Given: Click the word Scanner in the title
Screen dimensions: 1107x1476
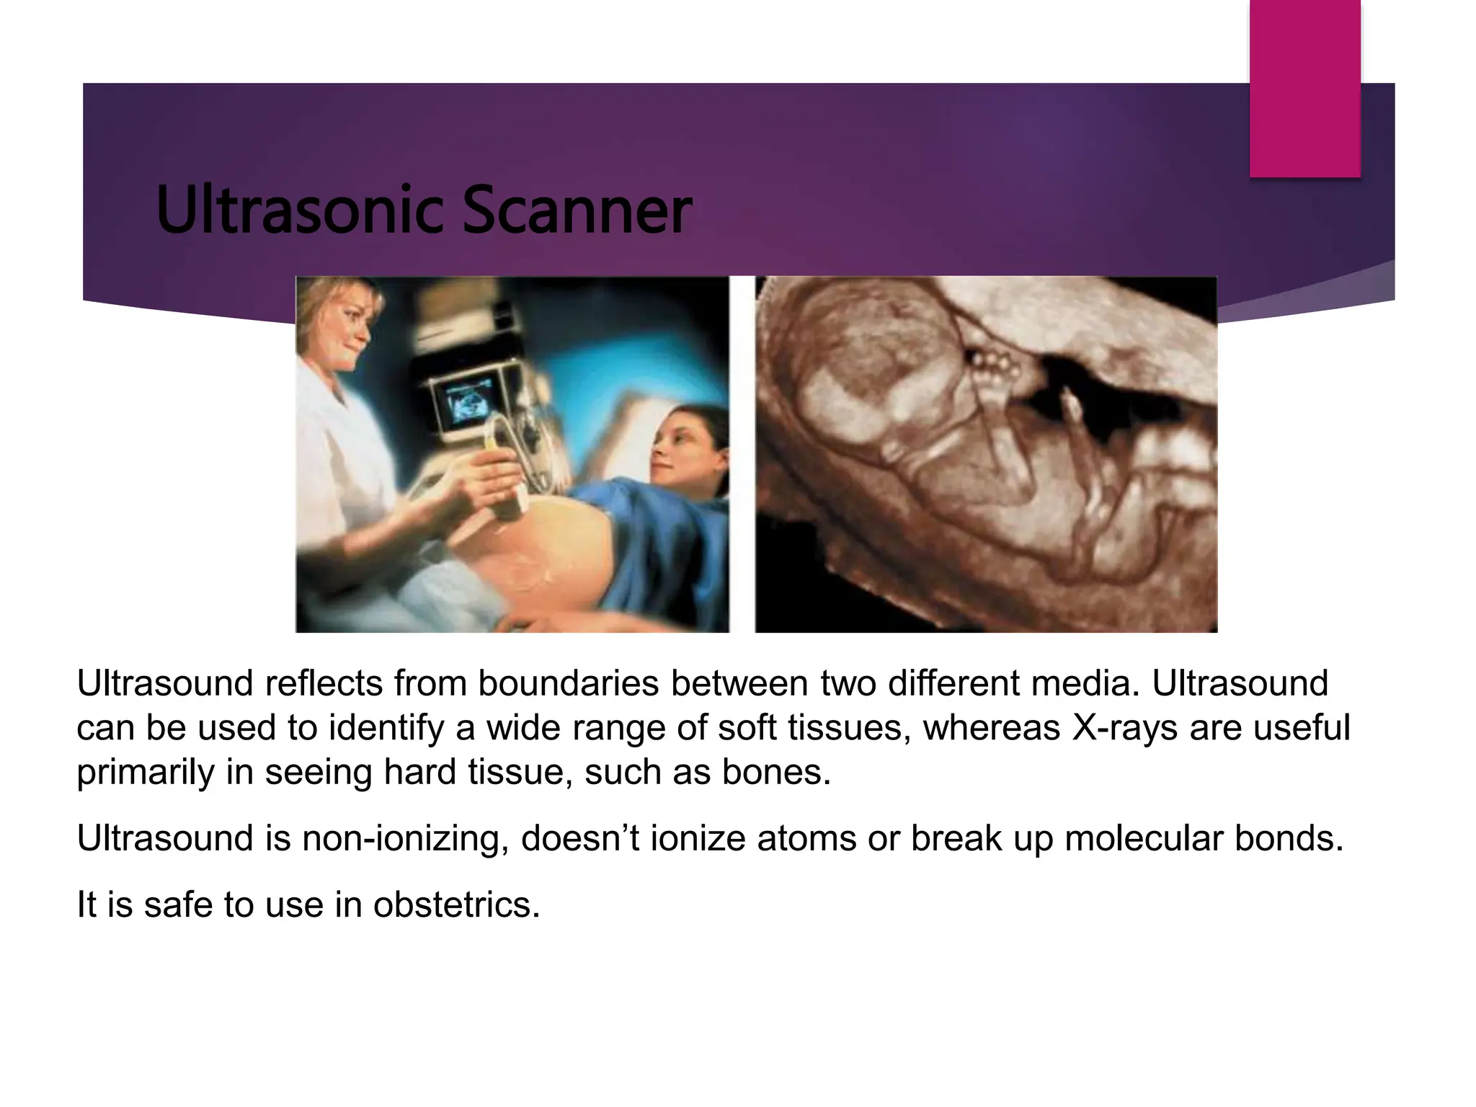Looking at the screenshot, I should pos(577,210).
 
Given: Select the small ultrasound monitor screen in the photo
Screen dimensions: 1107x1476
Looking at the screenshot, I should pos(469,404).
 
